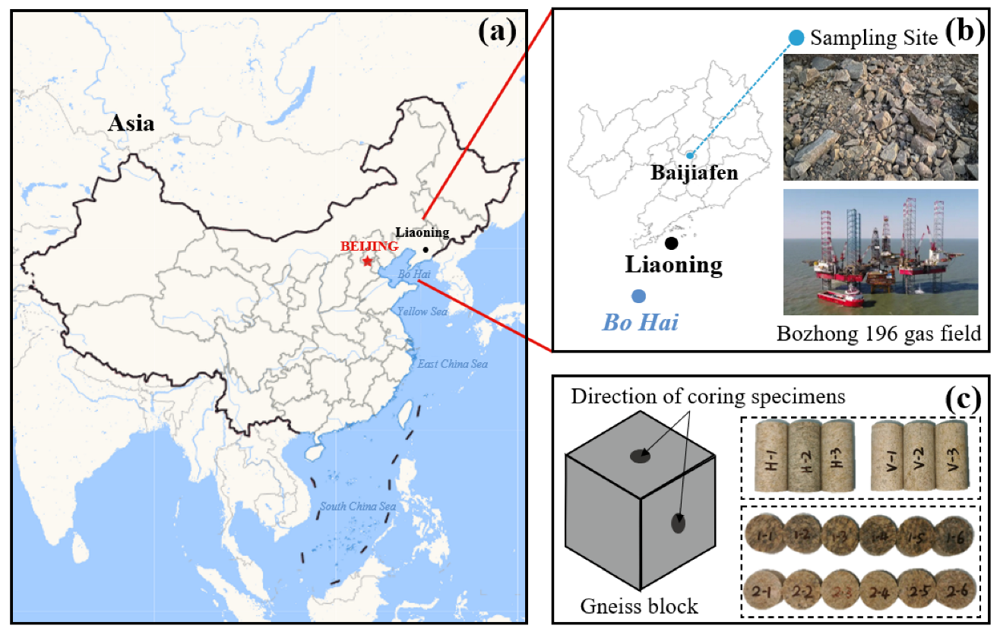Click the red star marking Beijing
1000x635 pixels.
coord(368,261)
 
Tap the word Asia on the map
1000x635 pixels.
coord(131,122)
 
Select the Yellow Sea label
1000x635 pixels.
coord(422,311)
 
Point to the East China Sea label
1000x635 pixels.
coord(452,364)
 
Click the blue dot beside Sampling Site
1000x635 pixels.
coord(796,36)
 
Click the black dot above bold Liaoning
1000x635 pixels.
coord(671,243)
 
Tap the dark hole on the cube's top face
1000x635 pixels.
coord(640,456)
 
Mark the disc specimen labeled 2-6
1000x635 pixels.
coord(951,589)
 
